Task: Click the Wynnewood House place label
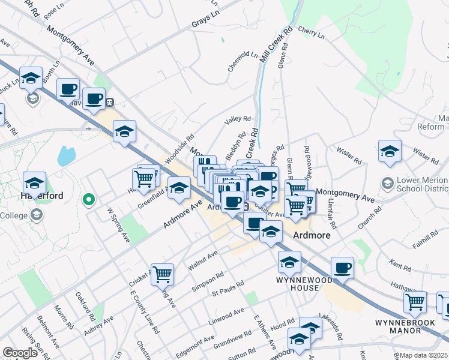(x=298, y=283)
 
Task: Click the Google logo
(x=20, y=353)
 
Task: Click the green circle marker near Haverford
(x=89, y=199)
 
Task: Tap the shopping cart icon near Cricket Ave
(x=162, y=275)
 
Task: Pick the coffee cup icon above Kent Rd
(x=342, y=268)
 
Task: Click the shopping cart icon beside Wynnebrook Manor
(x=415, y=302)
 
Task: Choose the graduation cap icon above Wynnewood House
(x=289, y=262)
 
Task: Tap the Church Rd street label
(x=369, y=219)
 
